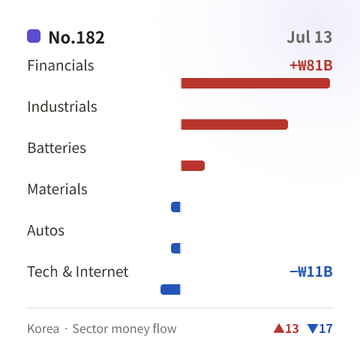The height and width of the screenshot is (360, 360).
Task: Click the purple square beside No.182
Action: [34, 36]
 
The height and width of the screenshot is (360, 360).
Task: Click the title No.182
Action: [76, 37]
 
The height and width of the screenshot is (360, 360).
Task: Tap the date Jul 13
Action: [310, 37]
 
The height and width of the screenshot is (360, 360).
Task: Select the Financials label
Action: [61, 65]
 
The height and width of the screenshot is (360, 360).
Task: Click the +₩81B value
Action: [311, 65]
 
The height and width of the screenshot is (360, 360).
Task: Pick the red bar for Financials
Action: [256, 83]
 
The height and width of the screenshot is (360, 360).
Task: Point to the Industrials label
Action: [62, 106]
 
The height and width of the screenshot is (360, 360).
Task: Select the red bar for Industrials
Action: [235, 124]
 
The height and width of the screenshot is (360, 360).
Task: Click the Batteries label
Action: [57, 148]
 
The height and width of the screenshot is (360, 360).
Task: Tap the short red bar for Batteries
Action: [193, 166]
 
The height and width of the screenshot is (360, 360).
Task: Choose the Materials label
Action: [58, 189]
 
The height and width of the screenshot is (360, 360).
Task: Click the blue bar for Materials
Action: [175, 207]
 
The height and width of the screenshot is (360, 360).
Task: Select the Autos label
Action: [46, 230]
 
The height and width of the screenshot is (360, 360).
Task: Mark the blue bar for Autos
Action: [175, 248]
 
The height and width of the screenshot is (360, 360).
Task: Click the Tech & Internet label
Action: [78, 271]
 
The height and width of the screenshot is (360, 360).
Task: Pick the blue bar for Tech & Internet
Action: [170, 289]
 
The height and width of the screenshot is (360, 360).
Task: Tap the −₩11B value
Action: [311, 271]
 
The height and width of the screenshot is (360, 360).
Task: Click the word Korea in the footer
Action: [43, 328]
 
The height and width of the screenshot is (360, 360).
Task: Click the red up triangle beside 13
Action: [279, 328]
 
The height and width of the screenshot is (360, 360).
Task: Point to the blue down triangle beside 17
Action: [313, 328]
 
